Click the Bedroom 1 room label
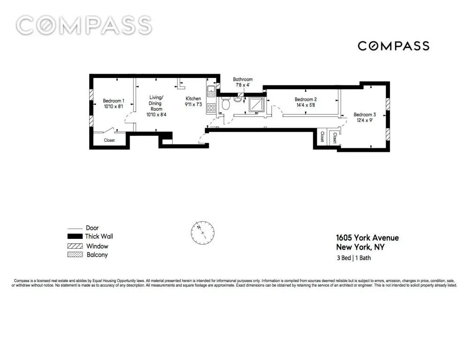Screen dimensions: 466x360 tap(114, 101)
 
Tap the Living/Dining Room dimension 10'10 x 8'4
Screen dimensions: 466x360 tap(156, 115)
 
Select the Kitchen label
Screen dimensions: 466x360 tap(193, 99)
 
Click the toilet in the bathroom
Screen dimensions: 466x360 tap(226, 103)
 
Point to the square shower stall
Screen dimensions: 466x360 tap(256, 105)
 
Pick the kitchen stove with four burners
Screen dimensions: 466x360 tap(211, 108)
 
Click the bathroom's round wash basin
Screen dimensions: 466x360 tap(238, 99)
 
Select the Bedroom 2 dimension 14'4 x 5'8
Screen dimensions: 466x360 tap(306, 105)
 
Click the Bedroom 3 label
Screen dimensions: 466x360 tap(365, 115)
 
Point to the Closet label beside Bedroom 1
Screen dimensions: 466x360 tap(109, 140)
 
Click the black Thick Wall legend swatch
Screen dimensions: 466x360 tap(75, 237)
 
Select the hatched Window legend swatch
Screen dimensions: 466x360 tap(75, 246)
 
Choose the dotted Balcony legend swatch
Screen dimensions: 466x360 tap(75, 255)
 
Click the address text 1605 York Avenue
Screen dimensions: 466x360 tap(367, 238)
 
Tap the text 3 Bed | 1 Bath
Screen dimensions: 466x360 tap(354, 258)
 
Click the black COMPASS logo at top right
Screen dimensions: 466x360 tap(393, 46)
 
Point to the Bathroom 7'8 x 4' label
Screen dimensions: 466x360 tap(243, 82)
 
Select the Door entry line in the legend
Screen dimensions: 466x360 tap(75, 229)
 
